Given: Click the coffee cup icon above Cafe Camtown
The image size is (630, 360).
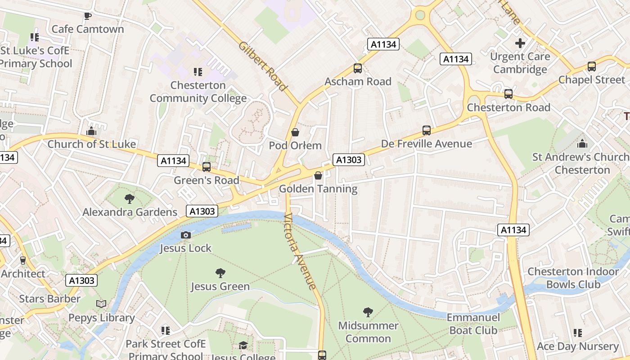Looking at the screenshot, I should click(x=88, y=16).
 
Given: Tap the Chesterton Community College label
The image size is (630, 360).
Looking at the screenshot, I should click(x=198, y=92).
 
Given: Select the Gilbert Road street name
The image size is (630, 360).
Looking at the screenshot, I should click(x=263, y=67).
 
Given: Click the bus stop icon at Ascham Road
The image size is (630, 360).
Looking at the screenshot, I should click(x=358, y=68).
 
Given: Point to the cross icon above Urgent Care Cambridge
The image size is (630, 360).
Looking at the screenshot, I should click(x=520, y=44).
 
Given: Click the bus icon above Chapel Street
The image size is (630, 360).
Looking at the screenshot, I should click(x=591, y=67).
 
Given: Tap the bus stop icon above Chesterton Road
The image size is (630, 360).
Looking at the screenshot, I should click(x=508, y=94).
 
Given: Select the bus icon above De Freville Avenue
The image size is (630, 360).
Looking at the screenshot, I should click(x=426, y=130).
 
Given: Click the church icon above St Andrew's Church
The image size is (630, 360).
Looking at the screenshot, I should click(x=582, y=144).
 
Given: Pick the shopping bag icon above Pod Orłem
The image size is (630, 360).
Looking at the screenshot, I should click(x=295, y=132).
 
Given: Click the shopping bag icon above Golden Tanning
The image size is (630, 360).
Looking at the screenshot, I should click(x=318, y=175).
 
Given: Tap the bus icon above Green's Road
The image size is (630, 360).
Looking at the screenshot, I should click(x=207, y=167).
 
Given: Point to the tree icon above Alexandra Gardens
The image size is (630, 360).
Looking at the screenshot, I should click(x=130, y=198).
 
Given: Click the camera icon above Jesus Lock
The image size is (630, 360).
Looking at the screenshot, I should click(x=185, y=235).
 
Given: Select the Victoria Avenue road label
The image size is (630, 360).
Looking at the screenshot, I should click(x=300, y=251).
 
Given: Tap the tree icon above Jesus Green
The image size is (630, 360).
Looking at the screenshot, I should click(x=220, y=273).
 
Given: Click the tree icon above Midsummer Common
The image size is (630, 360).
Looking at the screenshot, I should click(x=368, y=312).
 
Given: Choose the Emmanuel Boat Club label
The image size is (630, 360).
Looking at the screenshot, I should click(x=473, y=324).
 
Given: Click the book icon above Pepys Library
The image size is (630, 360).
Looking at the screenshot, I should click(x=102, y=304).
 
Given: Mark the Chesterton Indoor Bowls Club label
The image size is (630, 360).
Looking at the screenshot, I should click(x=573, y=278).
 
